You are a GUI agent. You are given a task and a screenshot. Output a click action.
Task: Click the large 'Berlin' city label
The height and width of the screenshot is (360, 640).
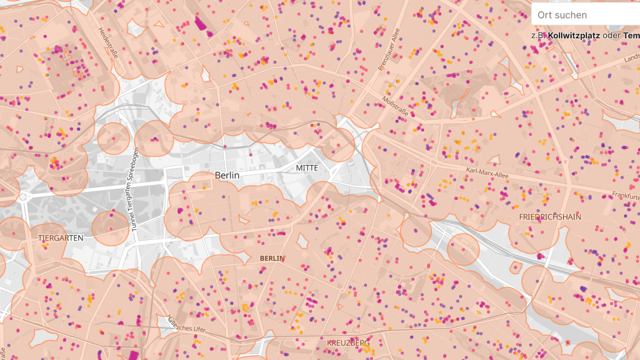(x=227, y=175)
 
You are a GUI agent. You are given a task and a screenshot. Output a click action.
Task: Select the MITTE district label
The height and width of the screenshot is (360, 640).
(x=307, y=167)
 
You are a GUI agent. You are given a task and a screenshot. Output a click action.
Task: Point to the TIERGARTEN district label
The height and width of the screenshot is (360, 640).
(x=61, y=238)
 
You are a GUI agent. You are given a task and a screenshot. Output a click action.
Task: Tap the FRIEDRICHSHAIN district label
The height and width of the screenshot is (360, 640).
(x=550, y=217)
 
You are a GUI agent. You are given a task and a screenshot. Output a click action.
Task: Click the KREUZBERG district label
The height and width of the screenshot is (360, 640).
(x=348, y=342)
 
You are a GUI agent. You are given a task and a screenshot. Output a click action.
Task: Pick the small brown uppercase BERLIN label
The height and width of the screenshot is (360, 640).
(x=272, y=258)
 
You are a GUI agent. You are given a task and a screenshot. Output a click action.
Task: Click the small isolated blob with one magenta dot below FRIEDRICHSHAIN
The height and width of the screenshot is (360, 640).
(x=516, y=267)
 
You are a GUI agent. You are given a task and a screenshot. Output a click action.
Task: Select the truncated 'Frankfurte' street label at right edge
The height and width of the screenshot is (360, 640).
(x=625, y=195)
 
